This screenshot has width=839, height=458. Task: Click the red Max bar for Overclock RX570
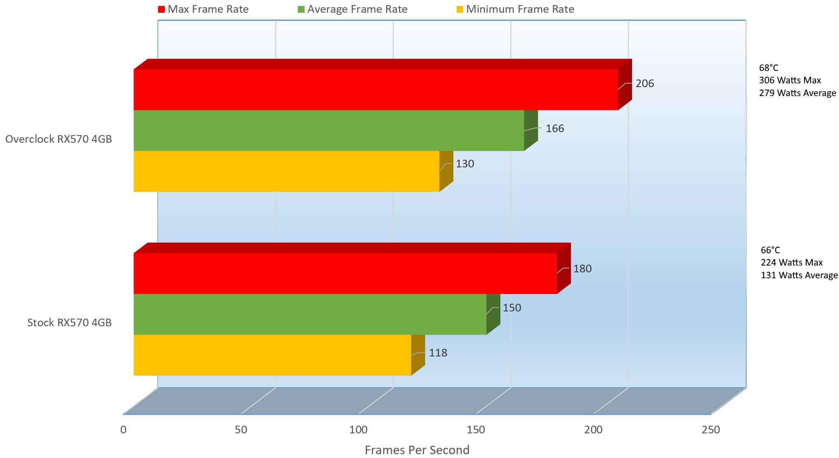[x=376, y=89]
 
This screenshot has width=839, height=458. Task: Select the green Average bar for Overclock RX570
[x=329, y=130]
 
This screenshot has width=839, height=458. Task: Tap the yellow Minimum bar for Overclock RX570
[x=286, y=171]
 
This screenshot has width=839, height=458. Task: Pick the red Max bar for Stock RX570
[x=345, y=273]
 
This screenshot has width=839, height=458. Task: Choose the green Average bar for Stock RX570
[x=310, y=314]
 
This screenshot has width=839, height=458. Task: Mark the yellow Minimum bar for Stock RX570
[x=272, y=355]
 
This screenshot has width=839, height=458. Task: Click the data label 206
[x=644, y=84]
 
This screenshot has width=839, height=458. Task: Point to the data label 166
[x=554, y=128]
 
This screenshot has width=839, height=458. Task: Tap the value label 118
[x=438, y=353]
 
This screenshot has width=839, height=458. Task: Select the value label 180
[x=582, y=269]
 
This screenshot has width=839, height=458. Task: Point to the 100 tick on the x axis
[x=358, y=430]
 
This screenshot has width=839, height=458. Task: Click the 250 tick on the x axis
[x=711, y=430]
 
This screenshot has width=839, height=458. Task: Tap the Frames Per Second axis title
[x=417, y=450]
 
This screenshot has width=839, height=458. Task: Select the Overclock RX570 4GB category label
[x=59, y=139]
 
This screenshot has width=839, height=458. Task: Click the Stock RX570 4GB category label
[x=69, y=322]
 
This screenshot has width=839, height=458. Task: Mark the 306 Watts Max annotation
[x=790, y=80]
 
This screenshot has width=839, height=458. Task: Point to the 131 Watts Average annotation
[x=799, y=275]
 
